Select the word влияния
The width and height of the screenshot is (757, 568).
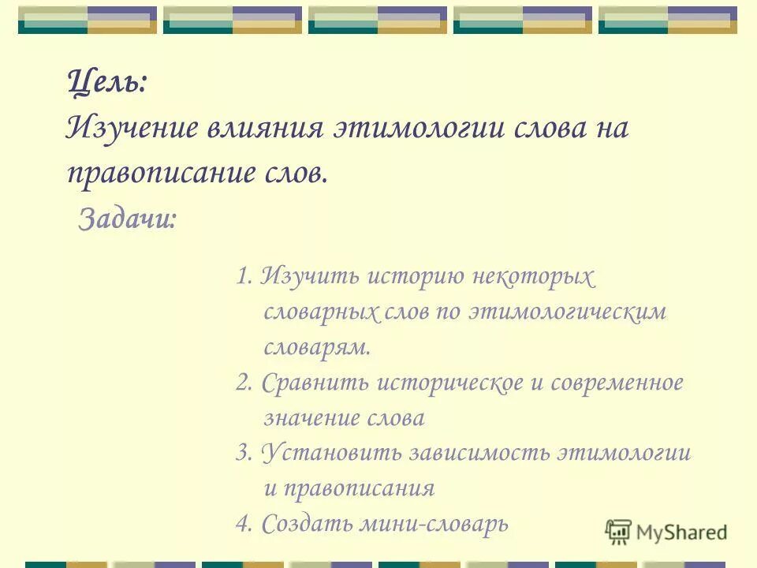coord(266,128)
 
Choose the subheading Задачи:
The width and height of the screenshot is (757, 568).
coord(127,219)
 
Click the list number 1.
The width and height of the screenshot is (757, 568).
coord(243,277)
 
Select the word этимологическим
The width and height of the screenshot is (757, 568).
coord(568,312)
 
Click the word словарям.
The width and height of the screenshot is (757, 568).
coord(316,347)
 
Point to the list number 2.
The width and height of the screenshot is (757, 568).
coord(243,383)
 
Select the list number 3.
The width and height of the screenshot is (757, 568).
coord(243,454)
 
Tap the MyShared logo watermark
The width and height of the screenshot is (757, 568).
coord(666,532)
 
